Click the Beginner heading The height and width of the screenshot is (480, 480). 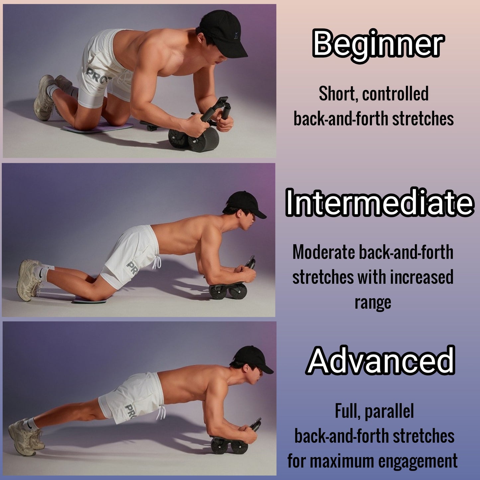[378, 44]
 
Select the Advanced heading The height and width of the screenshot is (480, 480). [381, 360]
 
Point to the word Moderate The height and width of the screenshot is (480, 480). [324, 252]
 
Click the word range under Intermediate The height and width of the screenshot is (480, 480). [373, 302]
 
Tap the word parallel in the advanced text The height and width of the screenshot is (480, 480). [389, 412]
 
